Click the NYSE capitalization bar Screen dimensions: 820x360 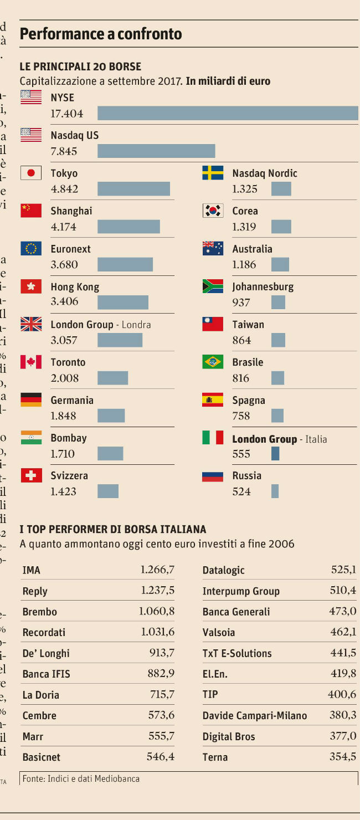click(x=228, y=113)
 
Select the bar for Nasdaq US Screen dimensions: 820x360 click(x=156, y=151)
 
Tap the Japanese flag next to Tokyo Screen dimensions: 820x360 click(x=31, y=173)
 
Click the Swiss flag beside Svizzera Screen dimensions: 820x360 click(x=31, y=475)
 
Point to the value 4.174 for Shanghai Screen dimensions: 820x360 click(x=64, y=227)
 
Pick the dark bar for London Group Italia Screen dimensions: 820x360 click(x=275, y=454)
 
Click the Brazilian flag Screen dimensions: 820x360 click(x=213, y=362)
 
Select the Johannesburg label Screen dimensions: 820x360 click(x=263, y=287)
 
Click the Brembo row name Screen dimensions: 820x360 click(x=40, y=612)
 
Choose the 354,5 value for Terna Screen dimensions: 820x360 click(x=343, y=757)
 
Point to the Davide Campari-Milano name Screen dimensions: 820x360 click(x=255, y=715)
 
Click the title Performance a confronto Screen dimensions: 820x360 click(x=101, y=34)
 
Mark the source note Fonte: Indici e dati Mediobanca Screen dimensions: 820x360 click(x=81, y=779)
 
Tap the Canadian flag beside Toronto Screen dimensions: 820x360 click(x=31, y=362)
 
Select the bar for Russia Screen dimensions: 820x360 click(x=275, y=491)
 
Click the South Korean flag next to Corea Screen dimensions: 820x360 click(x=213, y=211)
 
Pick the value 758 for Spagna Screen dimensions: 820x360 click(x=241, y=416)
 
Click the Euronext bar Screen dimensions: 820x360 click(x=125, y=264)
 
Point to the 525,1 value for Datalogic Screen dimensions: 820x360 click(x=343, y=570)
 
